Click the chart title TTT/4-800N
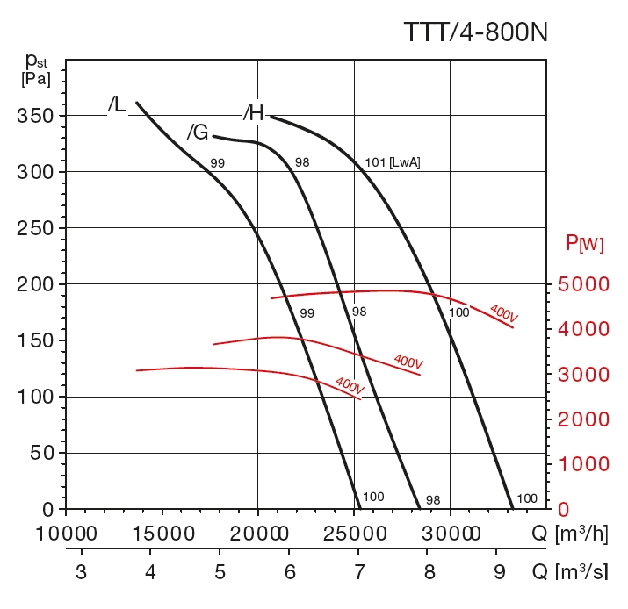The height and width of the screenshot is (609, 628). (x=475, y=32)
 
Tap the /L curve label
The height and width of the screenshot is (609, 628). (x=117, y=105)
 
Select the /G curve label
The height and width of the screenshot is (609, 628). (x=198, y=133)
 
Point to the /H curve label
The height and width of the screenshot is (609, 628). (x=254, y=112)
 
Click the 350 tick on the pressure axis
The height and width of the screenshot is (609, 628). (x=35, y=116)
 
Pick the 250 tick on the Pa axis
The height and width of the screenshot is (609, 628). (x=35, y=228)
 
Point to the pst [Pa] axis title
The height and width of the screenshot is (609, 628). (x=36, y=68)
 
